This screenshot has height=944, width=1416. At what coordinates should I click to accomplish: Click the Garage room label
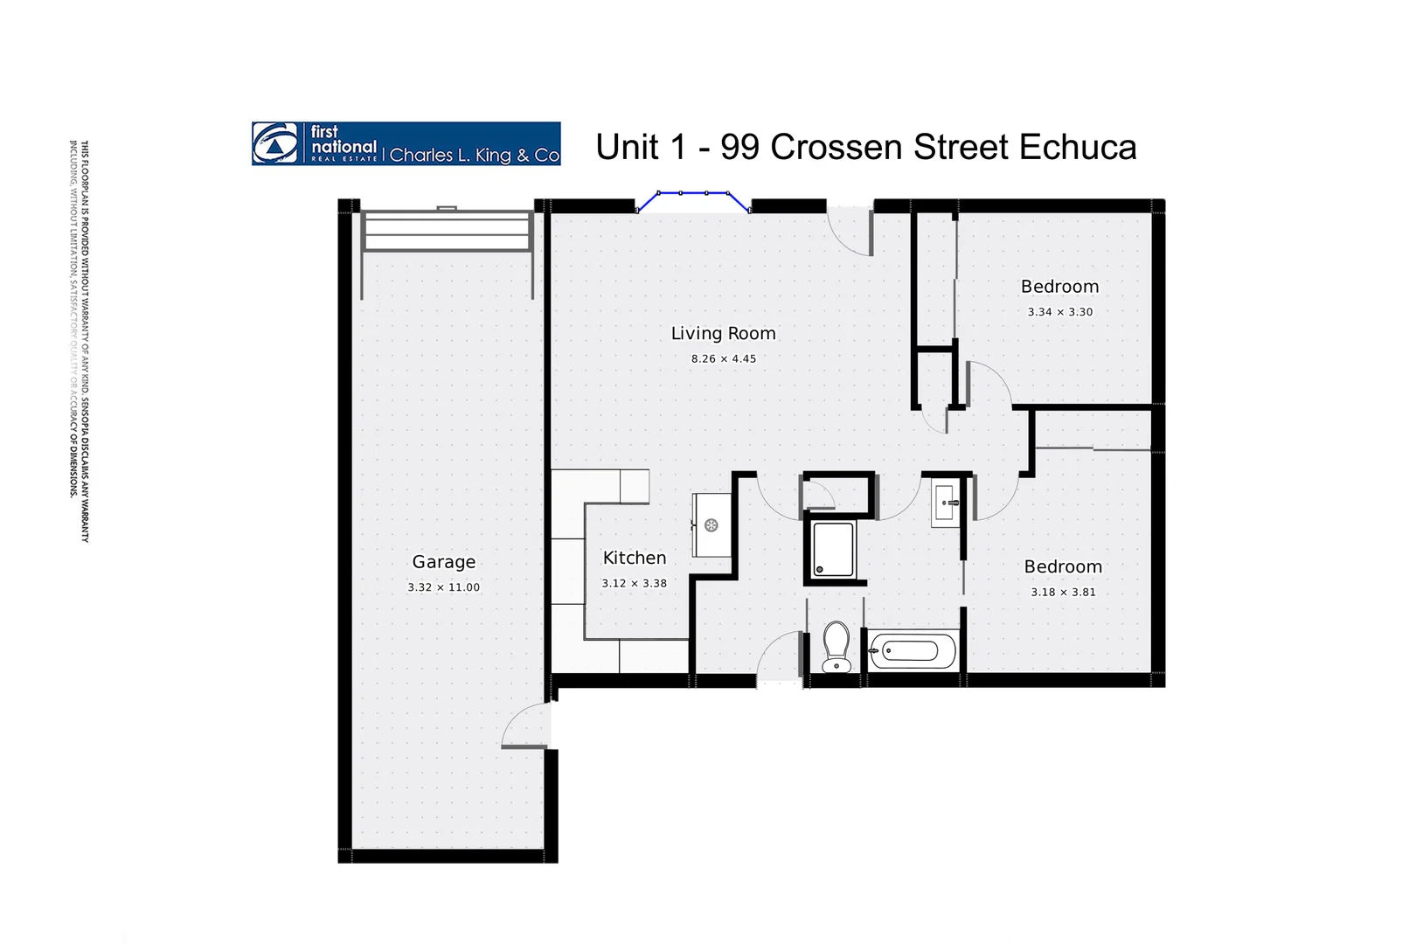pyautogui.click(x=444, y=562)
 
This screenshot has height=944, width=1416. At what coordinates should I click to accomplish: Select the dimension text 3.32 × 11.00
pyautogui.click(x=444, y=587)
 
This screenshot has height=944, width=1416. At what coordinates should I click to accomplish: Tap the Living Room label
pyautogui.click(x=723, y=333)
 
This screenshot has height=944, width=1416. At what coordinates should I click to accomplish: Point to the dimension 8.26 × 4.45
pyautogui.click(x=723, y=358)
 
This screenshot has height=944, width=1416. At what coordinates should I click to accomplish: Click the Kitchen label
pyautogui.click(x=634, y=558)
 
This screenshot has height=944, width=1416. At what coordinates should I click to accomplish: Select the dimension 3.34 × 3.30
pyautogui.click(x=1059, y=312)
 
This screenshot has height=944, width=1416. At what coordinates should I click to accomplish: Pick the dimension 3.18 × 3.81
pyautogui.click(x=1063, y=592)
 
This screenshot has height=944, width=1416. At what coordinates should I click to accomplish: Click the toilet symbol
pyautogui.click(x=836, y=647)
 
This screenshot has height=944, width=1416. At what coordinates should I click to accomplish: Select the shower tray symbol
pyautogui.click(x=833, y=550)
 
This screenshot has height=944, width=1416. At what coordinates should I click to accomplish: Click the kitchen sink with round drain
pyautogui.click(x=711, y=524)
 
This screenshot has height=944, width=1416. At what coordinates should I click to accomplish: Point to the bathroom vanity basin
pyautogui.click(x=945, y=503)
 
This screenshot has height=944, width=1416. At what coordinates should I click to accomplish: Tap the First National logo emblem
pyautogui.click(x=275, y=143)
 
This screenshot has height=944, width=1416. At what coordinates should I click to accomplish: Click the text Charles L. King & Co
pyautogui.click(x=474, y=155)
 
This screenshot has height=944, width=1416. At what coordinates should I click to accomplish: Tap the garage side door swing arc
pyautogui.click(x=524, y=725)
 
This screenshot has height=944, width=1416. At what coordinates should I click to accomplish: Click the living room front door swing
pyautogui.click(x=848, y=232)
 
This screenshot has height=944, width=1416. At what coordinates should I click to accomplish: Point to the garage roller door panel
pyautogui.click(x=447, y=231)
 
